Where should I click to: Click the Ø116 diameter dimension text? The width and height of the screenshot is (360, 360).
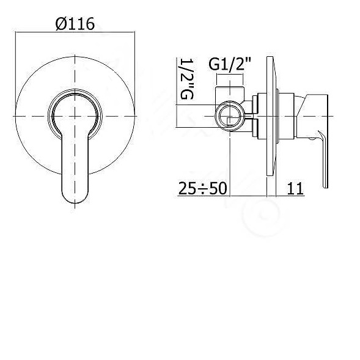(75, 24)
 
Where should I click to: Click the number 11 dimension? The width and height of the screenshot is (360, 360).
(295, 188)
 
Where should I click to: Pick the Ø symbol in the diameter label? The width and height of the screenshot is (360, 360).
(59, 24)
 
